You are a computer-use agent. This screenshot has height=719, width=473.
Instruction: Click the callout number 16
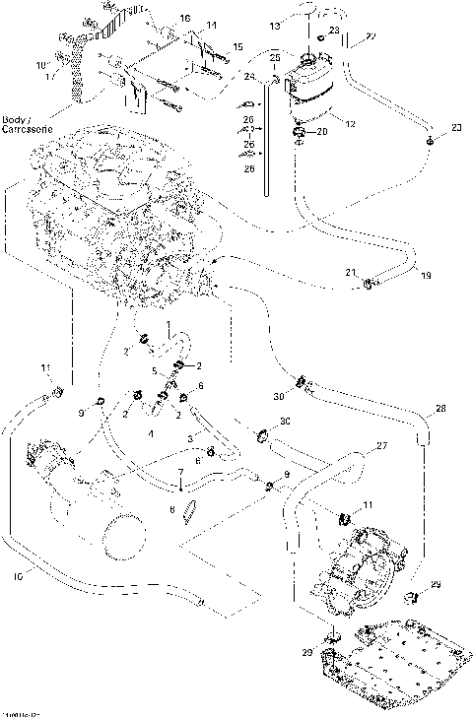185,19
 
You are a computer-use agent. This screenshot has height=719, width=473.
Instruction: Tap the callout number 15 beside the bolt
236,47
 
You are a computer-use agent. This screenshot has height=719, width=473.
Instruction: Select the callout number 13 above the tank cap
274,22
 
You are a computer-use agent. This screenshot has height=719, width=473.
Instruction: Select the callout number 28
440,408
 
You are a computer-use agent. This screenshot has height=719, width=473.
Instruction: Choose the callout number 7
180,475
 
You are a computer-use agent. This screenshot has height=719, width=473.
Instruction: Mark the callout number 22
372,37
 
